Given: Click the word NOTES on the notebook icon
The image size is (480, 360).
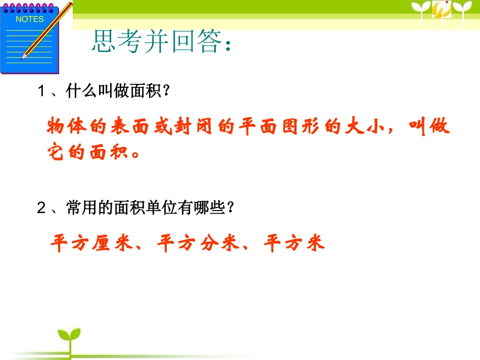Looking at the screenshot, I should (x=30, y=19).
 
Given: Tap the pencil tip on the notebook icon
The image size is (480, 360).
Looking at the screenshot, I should (x=23, y=58).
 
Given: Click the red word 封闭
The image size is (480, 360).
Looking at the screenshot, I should (x=188, y=127).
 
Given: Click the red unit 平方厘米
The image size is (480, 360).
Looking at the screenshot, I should (x=88, y=244).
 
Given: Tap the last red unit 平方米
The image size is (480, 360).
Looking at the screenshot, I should (x=295, y=244).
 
